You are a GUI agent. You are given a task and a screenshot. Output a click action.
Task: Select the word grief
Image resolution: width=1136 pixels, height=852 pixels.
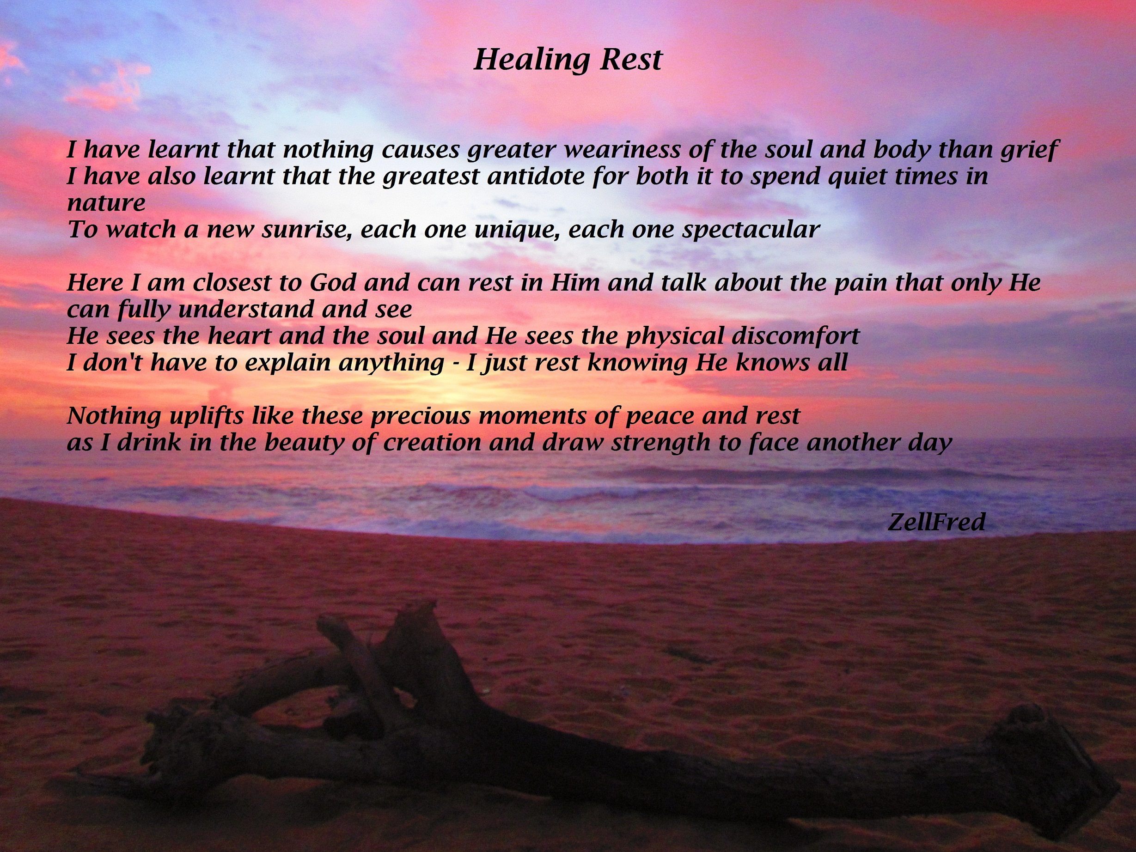click(x=1026, y=149)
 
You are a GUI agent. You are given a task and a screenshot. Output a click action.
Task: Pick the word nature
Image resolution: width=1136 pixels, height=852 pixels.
click(x=106, y=203)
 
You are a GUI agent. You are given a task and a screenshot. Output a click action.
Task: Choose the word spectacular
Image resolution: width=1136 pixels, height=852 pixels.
click(x=750, y=230)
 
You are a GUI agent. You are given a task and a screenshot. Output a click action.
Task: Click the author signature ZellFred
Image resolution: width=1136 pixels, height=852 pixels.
click(x=936, y=522)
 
